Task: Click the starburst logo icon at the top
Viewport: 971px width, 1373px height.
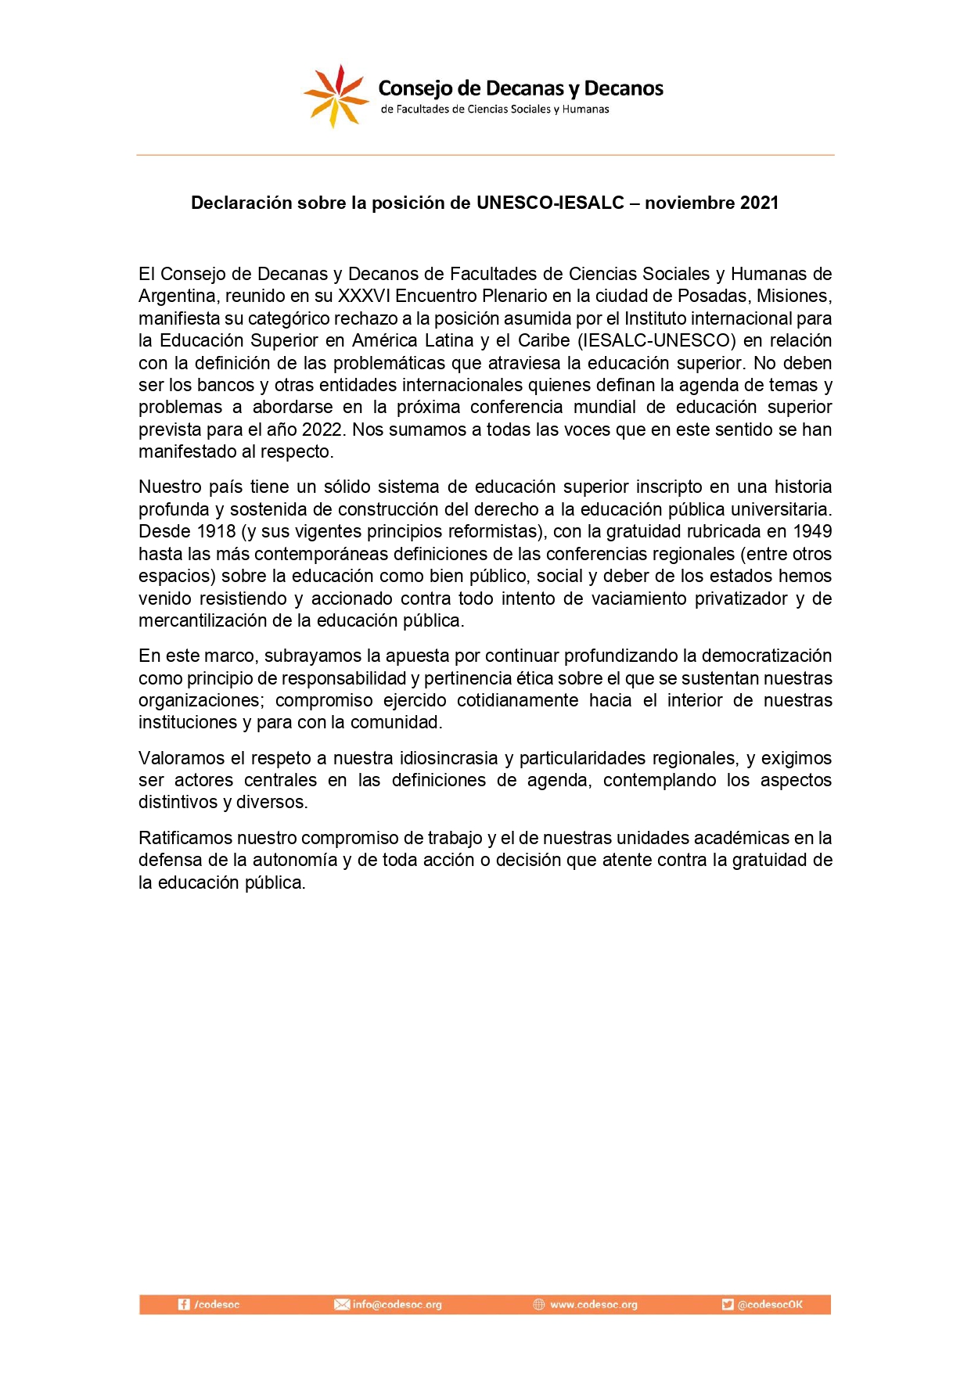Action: (336, 97)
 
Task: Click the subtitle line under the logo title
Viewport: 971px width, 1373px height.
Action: (494, 110)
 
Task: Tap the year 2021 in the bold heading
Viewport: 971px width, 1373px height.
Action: (758, 203)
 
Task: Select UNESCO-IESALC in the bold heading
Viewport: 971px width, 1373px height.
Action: (550, 203)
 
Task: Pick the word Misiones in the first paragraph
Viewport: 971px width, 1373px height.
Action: (793, 297)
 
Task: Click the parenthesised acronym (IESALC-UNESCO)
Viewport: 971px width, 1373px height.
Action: (656, 341)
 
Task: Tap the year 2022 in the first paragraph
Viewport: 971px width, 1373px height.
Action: (323, 430)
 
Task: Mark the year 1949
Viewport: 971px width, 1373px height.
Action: (812, 532)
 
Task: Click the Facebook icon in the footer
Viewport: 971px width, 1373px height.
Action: (184, 1305)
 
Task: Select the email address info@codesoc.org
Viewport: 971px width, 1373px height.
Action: (397, 1305)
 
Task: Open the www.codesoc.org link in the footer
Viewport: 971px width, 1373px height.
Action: (593, 1305)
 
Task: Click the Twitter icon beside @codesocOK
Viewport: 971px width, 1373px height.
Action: (728, 1305)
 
